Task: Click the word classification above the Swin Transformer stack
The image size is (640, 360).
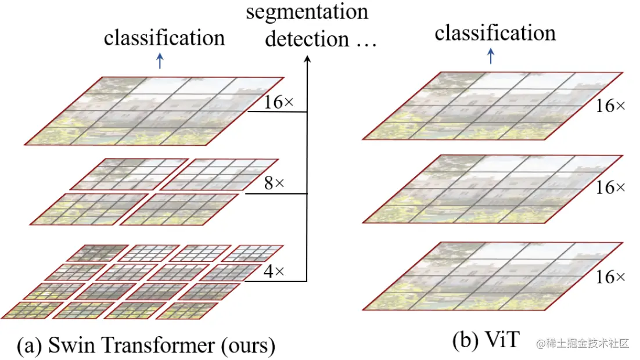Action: (164, 38)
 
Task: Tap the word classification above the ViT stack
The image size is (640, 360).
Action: (495, 33)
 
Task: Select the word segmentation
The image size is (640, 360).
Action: (307, 12)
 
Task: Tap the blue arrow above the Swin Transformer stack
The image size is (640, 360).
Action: (160, 61)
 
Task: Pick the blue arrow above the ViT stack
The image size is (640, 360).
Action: (491, 56)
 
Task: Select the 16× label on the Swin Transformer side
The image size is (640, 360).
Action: (279, 102)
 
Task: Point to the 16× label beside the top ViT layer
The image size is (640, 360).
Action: (611, 106)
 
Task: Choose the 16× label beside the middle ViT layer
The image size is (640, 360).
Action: (611, 188)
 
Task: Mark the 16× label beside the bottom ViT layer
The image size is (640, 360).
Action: (611, 277)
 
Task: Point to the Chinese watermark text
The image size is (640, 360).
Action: (587, 343)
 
